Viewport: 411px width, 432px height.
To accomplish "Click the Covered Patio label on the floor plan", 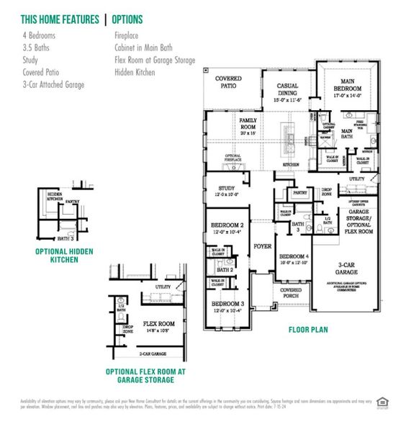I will [228, 81].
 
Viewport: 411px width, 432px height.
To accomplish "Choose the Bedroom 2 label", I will [227, 228].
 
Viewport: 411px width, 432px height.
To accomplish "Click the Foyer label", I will [262, 246].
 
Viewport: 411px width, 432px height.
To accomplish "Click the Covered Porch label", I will [291, 293].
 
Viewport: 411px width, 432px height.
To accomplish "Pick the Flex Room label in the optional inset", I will [159, 324].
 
